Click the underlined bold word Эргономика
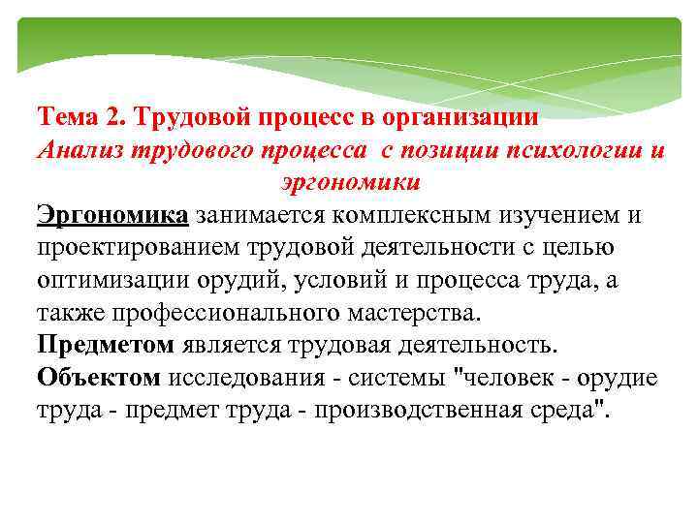(111, 214)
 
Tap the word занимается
(256, 214)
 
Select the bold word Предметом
(106, 345)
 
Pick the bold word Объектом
(99, 378)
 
